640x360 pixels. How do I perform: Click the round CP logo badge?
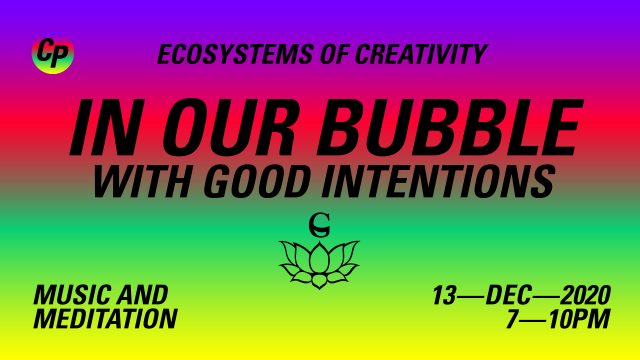(53, 54)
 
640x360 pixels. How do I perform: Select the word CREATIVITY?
(422, 54)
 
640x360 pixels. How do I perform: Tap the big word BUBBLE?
(450, 127)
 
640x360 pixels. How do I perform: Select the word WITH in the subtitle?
(142, 180)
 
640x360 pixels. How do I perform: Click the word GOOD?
(256, 180)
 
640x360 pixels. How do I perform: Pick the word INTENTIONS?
(438, 180)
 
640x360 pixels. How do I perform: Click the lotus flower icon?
(319, 264)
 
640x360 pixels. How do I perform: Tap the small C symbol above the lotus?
(319, 225)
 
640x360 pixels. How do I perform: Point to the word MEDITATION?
(105, 318)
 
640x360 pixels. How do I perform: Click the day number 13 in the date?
(444, 295)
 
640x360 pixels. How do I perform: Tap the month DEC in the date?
(509, 295)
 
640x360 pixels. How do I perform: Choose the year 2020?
(585, 295)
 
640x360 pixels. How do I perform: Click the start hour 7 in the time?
(513, 319)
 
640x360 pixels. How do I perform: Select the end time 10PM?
(579, 319)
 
